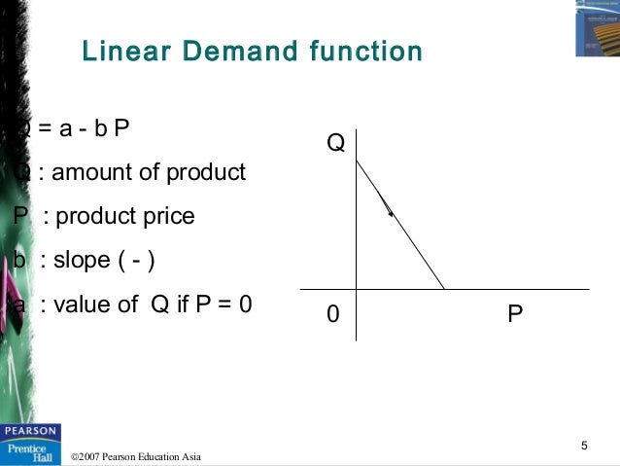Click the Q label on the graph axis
tap(335, 144)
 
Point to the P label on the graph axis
tap(515, 315)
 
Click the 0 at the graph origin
tap(333, 315)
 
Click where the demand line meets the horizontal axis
tap(444, 289)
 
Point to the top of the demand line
tap(357, 161)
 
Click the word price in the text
tap(167, 216)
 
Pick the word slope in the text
tap(82, 260)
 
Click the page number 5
tap(584, 447)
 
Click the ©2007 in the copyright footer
tap(87, 456)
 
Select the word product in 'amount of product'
tap(206, 173)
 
